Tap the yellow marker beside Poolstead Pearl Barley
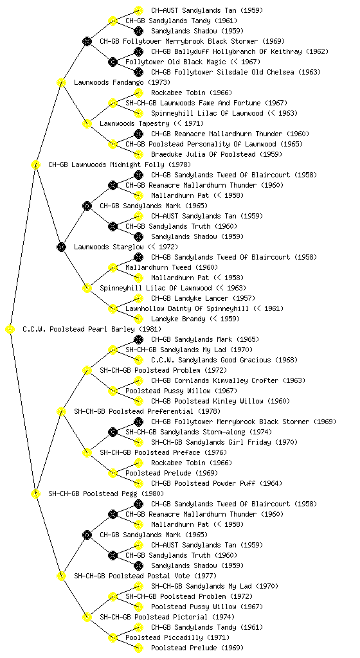click(x=10, y=330)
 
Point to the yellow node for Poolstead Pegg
click(x=35, y=494)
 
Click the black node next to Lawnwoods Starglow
click(x=61, y=247)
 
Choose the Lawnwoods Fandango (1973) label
click(x=122, y=83)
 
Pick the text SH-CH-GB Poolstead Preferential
click(x=134, y=412)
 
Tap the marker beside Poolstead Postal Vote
click(x=61, y=576)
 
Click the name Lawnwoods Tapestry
click(x=134, y=124)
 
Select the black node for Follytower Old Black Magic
click(x=113, y=62)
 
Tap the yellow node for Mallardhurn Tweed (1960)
click(x=113, y=268)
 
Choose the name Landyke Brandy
click(x=178, y=319)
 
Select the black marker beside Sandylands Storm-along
click(x=113, y=432)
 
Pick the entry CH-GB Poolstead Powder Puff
click(x=203, y=483)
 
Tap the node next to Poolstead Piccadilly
click(x=113, y=638)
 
